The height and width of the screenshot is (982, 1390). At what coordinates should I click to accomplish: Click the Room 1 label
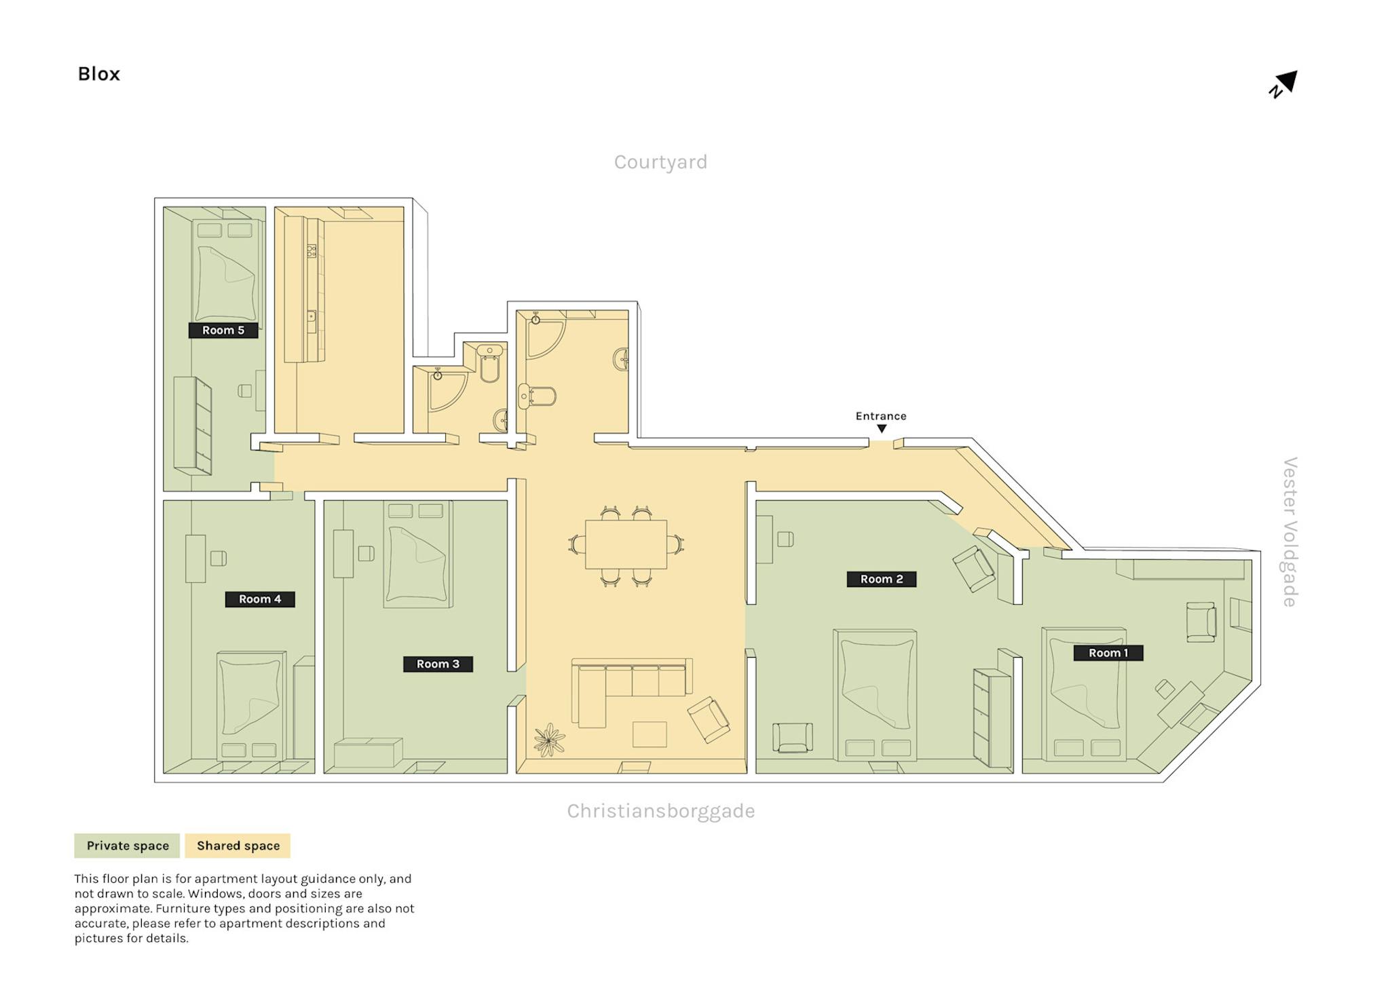[1108, 653]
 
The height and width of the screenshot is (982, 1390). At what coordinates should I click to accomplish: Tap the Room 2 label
[882, 579]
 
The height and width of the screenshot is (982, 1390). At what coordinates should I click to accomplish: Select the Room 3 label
[438, 664]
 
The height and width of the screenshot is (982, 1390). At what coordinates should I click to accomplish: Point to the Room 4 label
[260, 599]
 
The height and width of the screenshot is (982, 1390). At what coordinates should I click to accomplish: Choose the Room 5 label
[223, 331]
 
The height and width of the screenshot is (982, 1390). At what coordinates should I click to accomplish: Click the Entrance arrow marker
[882, 429]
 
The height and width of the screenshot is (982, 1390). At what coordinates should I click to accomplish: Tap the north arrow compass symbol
[1283, 84]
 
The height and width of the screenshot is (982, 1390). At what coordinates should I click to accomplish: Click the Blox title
[99, 74]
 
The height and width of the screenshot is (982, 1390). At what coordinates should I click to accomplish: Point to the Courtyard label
[660, 162]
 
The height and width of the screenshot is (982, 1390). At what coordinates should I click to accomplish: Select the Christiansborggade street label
[661, 811]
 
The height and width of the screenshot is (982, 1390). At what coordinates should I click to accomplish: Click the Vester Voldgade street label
[1290, 532]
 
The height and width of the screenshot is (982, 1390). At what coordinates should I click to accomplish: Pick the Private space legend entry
[127, 846]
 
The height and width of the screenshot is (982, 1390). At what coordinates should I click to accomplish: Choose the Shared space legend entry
[238, 846]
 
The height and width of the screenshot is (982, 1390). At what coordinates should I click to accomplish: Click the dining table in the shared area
[626, 544]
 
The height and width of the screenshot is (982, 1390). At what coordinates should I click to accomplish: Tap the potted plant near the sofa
[549, 740]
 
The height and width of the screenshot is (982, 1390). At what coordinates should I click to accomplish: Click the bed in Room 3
[417, 554]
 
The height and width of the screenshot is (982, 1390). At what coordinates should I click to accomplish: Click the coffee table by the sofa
[650, 734]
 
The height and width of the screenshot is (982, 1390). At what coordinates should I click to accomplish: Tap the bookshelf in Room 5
[193, 426]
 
